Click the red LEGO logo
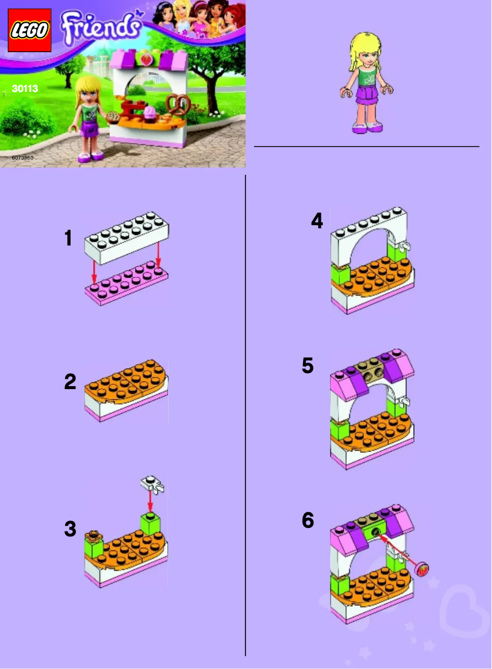pyautogui.click(x=29, y=30)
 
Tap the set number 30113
pyautogui.click(x=25, y=89)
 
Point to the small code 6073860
pyautogui.click(x=23, y=158)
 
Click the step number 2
pyautogui.click(x=70, y=382)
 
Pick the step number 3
pyautogui.click(x=70, y=528)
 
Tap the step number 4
pyautogui.click(x=317, y=221)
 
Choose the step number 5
pyautogui.click(x=308, y=366)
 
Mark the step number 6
pyautogui.click(x=308, y=520)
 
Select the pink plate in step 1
pyautogui.click(x=127, y=286)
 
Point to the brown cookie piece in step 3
pyautogui.click(x=93, y=535)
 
